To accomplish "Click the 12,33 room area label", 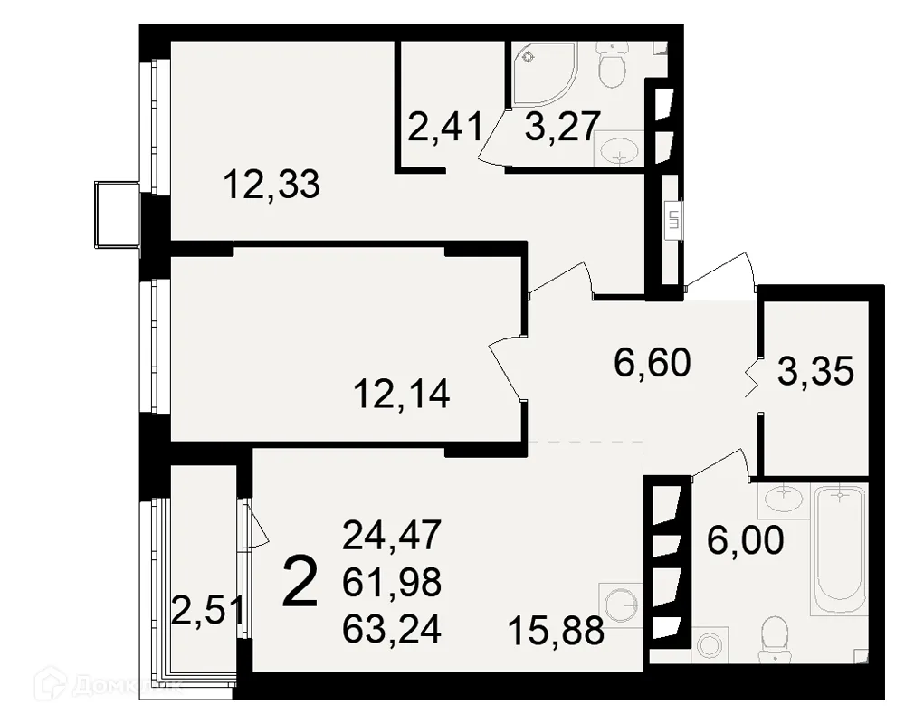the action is [271, 185].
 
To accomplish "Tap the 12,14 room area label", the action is [402, 395].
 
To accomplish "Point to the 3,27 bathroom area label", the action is [563, 127].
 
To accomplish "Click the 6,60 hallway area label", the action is [653, 363].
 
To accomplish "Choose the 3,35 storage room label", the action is [815, 371].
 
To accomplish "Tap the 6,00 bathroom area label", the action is [746, 539].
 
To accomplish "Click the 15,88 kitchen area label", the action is [557, 630].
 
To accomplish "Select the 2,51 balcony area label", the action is [208, 610].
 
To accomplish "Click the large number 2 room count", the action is [300, 582].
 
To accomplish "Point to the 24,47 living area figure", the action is [392, 535].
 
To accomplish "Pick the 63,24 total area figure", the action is [392, 628].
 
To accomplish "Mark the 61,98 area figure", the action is [392, 581].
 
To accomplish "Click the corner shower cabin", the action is [542, 74].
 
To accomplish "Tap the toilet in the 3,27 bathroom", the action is [612, 64].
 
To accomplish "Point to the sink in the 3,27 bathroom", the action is [619, 149].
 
